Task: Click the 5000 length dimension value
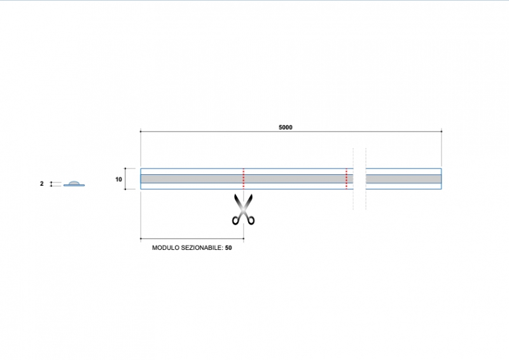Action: click(285, 128)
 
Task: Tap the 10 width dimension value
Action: click(118, 179)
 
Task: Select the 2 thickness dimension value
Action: click(41, 184)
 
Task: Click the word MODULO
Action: click(165, 247)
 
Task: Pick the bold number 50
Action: click(228, 247)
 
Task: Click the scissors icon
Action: click(243, 209)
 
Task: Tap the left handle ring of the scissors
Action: click(235, 221)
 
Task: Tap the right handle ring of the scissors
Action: click(251, 221)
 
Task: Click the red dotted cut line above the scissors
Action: click(244, 179)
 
